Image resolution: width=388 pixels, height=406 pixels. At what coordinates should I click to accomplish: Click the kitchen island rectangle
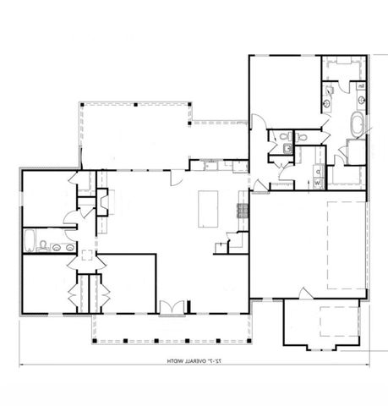[207, 208]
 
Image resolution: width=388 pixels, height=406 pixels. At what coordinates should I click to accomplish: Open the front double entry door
[171, 306]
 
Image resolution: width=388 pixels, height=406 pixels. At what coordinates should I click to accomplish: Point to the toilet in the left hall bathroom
[43, 246]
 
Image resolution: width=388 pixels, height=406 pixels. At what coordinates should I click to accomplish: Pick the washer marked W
[318, 182]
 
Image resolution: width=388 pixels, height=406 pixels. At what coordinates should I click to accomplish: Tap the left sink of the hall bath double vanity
[55, 248]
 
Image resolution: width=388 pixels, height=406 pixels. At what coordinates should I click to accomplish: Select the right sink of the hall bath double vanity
[67, 248]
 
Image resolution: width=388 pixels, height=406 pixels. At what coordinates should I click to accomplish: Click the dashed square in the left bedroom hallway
[85, 253]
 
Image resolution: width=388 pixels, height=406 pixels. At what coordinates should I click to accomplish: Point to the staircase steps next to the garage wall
[239, 242]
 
